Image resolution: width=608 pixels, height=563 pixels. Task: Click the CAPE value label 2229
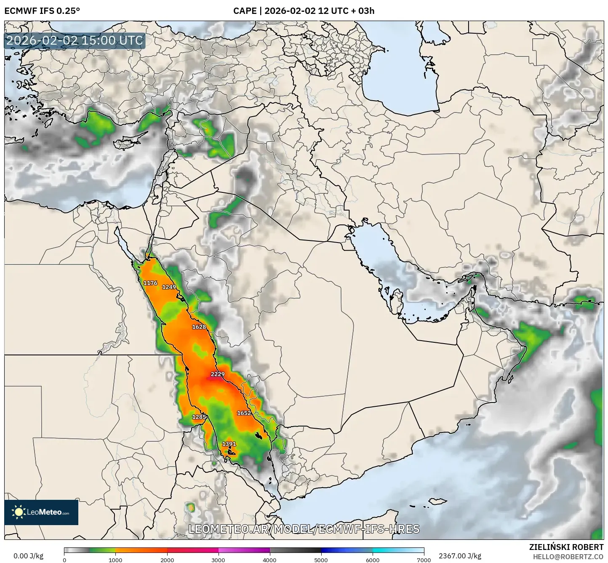218,374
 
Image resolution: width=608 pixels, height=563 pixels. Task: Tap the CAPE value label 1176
150,283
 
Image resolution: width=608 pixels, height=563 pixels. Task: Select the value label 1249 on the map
169,287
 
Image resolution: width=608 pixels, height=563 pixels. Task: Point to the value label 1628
199,327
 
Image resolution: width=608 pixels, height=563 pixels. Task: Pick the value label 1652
244,413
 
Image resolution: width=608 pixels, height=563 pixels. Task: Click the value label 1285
199,417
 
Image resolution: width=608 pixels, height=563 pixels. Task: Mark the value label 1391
229,444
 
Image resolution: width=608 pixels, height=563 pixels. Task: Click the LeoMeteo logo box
41,512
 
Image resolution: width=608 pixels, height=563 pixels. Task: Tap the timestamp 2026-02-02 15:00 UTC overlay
75,40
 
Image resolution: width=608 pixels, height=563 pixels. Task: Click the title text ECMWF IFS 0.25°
42,11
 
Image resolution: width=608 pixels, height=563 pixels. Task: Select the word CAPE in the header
245,11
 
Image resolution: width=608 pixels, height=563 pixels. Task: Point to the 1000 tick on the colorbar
115,560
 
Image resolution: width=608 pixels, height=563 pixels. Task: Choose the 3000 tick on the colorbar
218,560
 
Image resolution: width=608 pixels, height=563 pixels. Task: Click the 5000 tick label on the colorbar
321,560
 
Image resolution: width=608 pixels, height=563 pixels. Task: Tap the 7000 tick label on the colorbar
424,560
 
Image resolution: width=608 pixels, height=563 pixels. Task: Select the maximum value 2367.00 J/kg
460,556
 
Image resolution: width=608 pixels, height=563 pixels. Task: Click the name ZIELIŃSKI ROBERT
566,547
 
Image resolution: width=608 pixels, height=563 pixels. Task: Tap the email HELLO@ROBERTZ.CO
568,557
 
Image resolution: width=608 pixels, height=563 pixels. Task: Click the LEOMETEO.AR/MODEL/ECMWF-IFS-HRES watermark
304,529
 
